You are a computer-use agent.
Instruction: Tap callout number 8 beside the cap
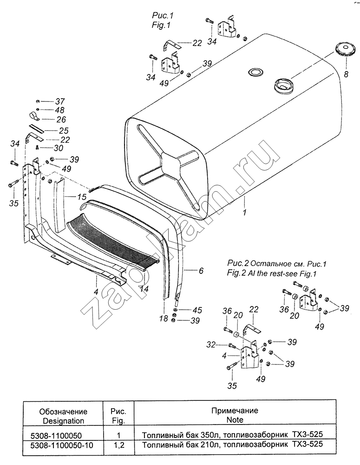pyautogui.click(x=346, y=74)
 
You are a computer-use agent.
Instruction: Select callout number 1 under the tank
pyautogui.click(x=244, y=213)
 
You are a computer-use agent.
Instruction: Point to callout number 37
pyautogui.click(x=60, y=101)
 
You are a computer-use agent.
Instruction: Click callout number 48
pyautogui.click(x=60, y=110)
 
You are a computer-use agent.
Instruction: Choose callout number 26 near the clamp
pyautogui.click(x=61, y=120)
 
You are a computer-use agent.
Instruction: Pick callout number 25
pyautogui.click(x=64, y=131)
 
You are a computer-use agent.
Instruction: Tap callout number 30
pyautogui.click(x=59, y=148)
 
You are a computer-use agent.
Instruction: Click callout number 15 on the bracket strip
pyautogui.click(x=82, y=197)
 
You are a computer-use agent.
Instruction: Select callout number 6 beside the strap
pyautogui.click(x=201, y=271)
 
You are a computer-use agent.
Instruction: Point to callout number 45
pyautogui.click(x=197, y=310)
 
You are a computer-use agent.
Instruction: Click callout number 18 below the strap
pyautogui.click(x=163, y=319)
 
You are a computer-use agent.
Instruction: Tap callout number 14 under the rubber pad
pyautogui.click(x=144, y=289)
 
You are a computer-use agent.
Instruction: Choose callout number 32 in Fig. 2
pyautogui.click(x=211, y=345)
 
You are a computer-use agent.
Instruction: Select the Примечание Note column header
pyautogui.click(x=235, y=415)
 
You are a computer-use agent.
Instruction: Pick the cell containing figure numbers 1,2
pyautogui.click(x=118, y=445)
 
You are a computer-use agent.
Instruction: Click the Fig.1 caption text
pyautogui.click(x=161, y=26)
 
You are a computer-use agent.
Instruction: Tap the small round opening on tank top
pyautogui.click(x=255, y=72)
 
